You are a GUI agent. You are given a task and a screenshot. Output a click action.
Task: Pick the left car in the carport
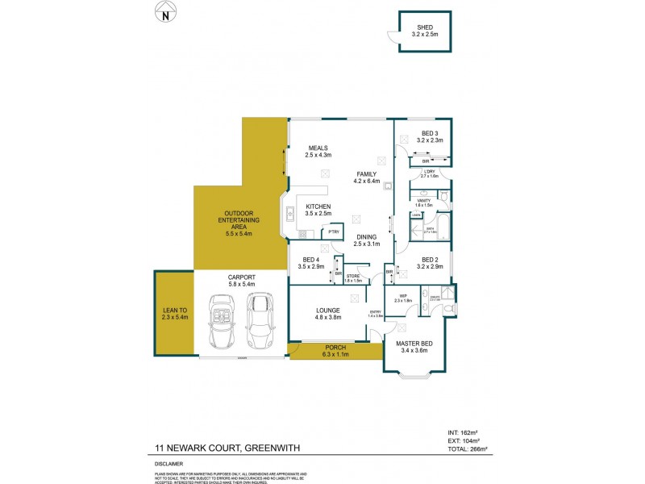pyautogui.click(x=222, y=319)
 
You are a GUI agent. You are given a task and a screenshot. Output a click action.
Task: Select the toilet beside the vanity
pyautogui.click(x=444, y=198)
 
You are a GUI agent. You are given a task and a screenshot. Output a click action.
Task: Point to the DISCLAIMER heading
pyautogui.click(x=170, y=464)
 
